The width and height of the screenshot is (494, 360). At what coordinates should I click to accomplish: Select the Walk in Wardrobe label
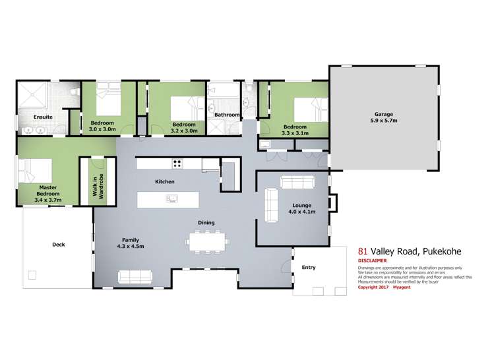coord(92,183)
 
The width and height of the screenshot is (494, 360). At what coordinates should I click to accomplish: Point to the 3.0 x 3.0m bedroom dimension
coord(102,130)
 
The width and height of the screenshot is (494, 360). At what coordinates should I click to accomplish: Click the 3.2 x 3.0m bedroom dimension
coord(183,130)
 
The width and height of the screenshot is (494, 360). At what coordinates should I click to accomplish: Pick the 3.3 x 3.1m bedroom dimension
coord(295,132)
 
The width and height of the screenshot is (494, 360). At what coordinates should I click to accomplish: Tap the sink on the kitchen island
coord(173,198)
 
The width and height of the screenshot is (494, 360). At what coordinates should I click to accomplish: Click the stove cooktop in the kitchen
coord(177,163)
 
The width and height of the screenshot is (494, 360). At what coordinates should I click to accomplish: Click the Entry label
coord(308,267)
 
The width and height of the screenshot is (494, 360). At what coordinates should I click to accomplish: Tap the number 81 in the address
coord(362,251)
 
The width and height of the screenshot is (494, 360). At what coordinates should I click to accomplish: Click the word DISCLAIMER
coord(373,260)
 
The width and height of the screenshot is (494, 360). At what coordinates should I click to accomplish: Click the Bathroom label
coord(226,115)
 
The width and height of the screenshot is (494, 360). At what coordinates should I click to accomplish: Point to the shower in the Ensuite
coord(33,96)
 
